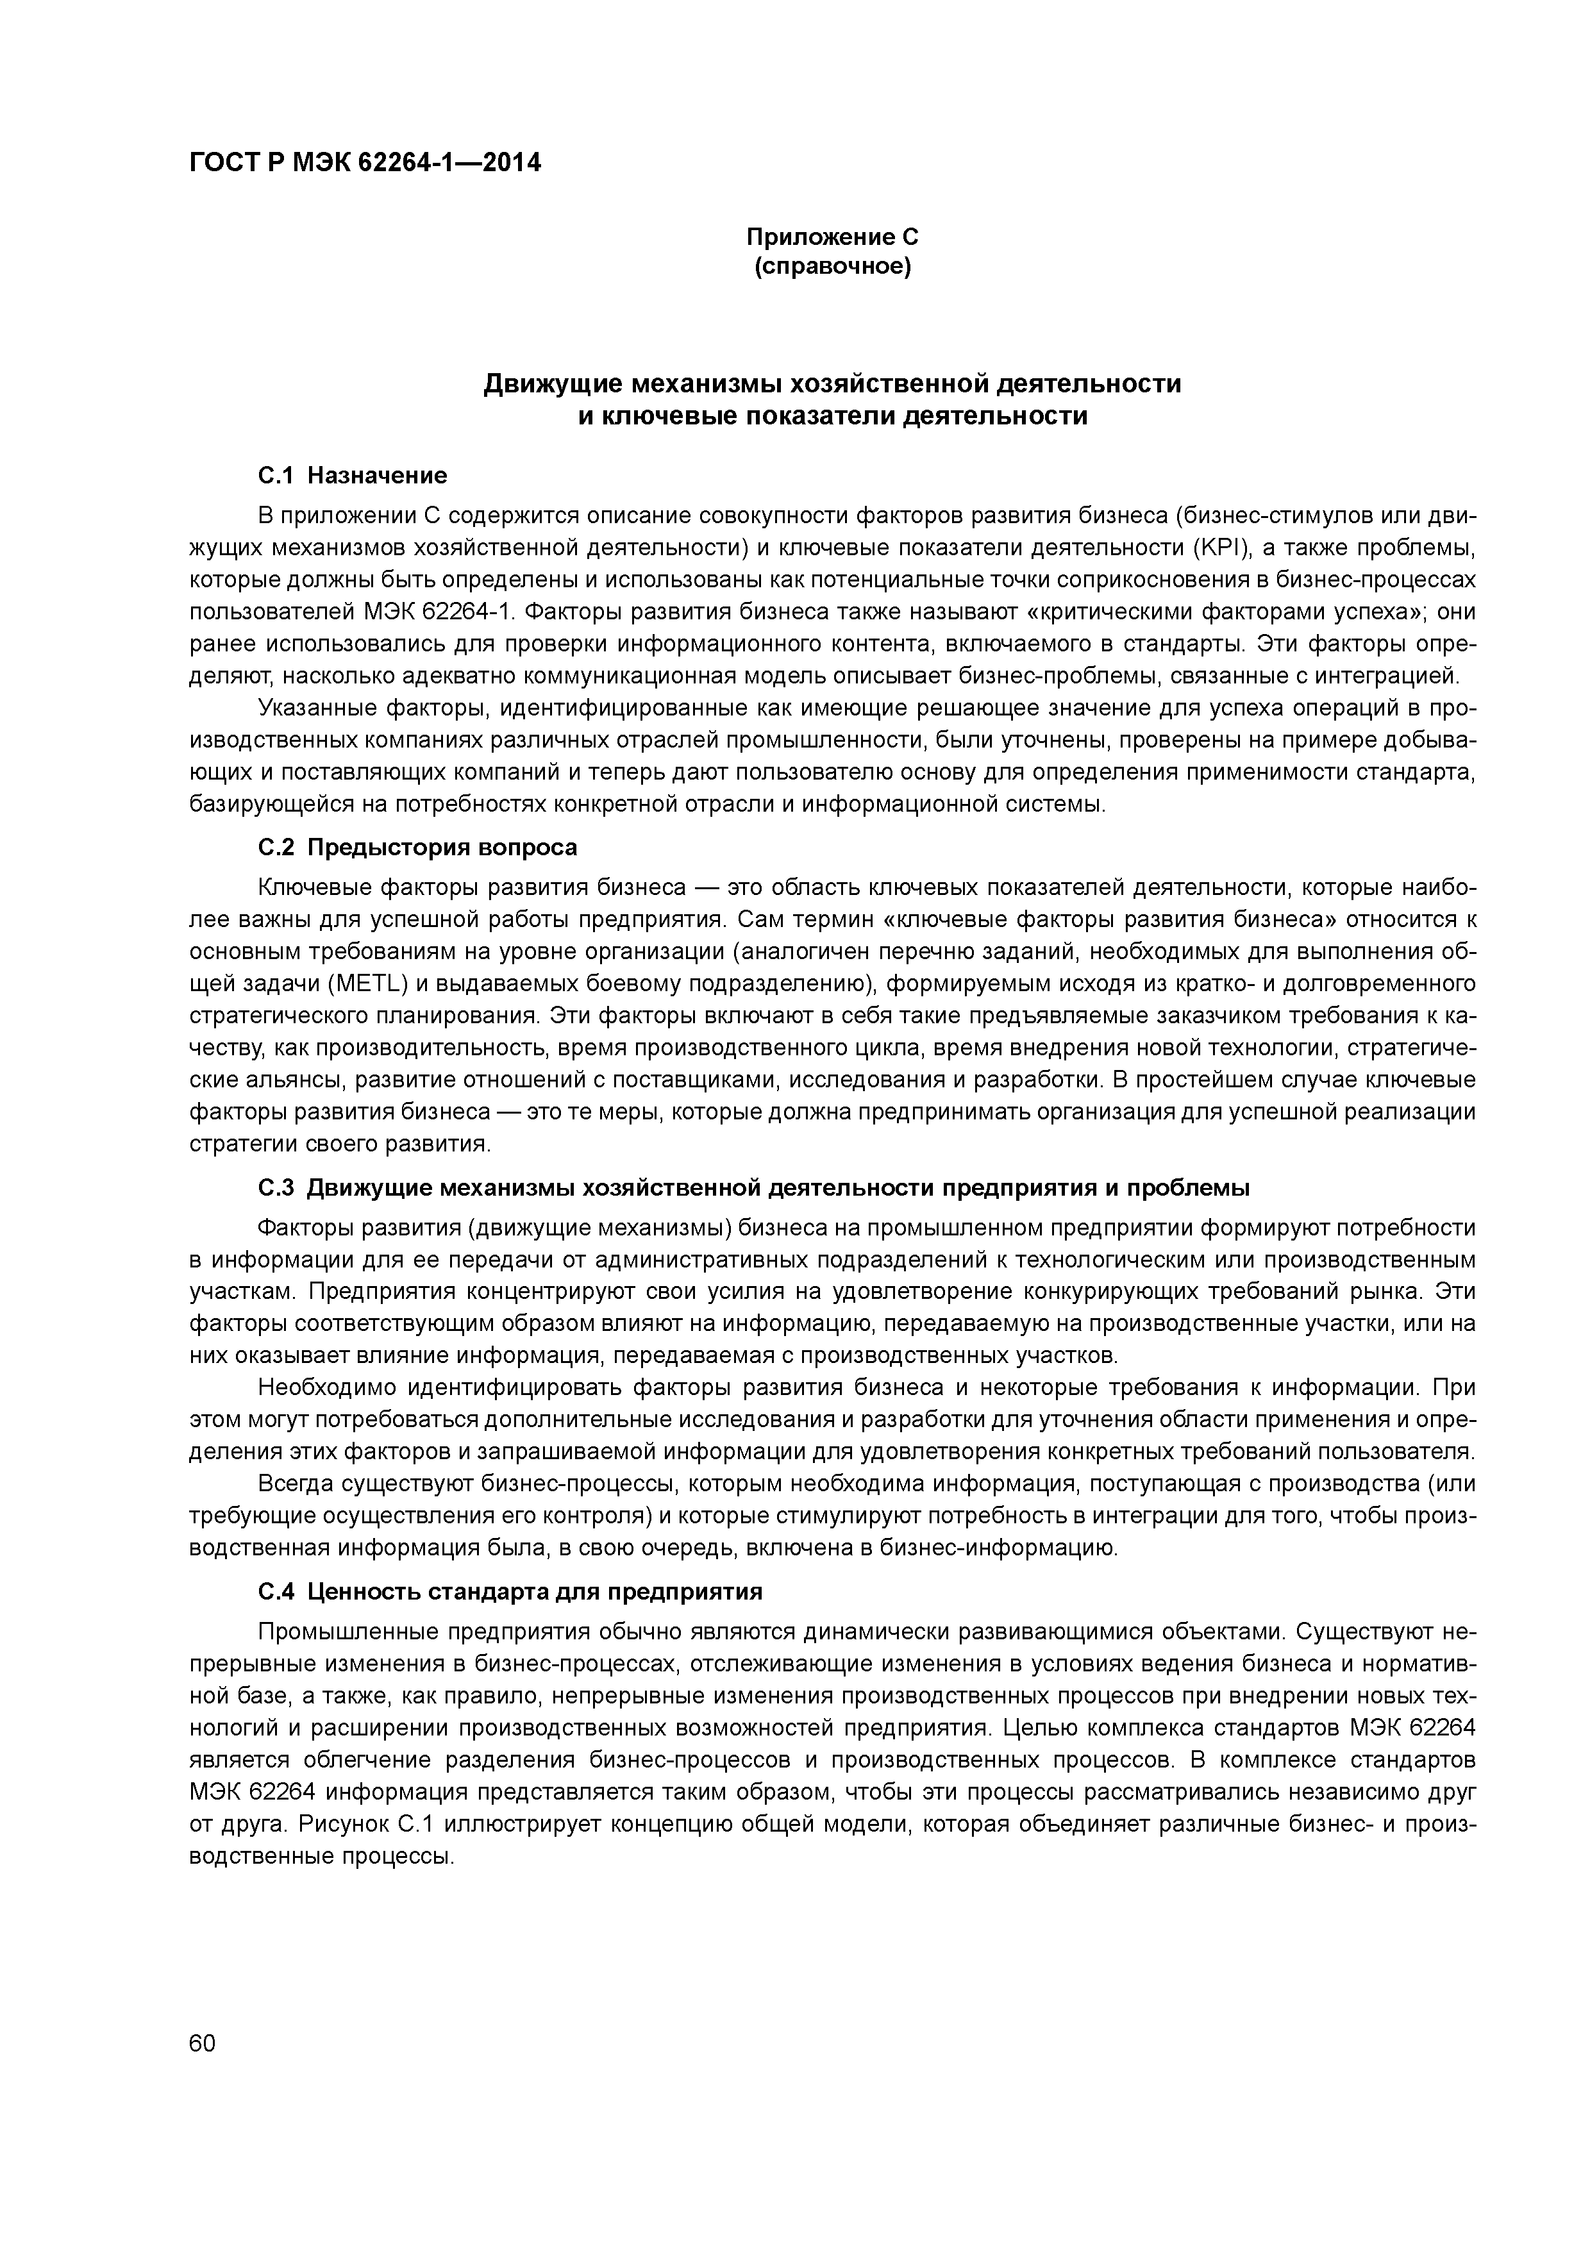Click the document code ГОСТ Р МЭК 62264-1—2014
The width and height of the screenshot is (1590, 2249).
click(x=364, y=163)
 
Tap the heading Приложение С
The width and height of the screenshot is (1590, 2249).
click(x=832, y=237)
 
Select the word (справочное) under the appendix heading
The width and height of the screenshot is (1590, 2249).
click(x=832, y=267)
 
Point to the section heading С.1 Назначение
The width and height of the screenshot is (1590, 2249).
click(x=352, y=475)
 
